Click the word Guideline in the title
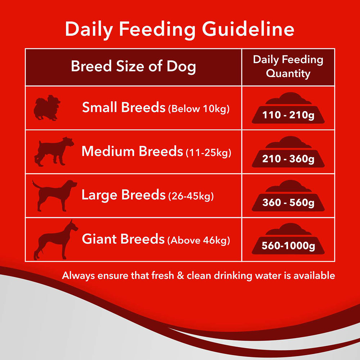click(x=248, y=30)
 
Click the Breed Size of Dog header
click(x=133, y=67)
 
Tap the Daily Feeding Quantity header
click(x=288, y=67)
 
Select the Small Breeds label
click(x=123, y=107)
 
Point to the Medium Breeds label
click(x=132, y=151)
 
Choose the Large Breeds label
click(x=123, y=195)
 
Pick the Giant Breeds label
click(x=123, y=239)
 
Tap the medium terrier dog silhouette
click(x=54, y=151)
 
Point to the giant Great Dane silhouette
click(x=53, y=239)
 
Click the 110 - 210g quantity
click(x=288, y=116)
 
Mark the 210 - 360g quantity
click(x=288, y=159)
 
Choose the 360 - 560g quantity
click(x=288, y=203)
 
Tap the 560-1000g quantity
click(x=288, y=246)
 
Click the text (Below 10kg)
click(x=199, y=109)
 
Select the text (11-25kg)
click(x=208, y=153)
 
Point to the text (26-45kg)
click(x=191, y=197)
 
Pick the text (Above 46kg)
click(x=198, y=241)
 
